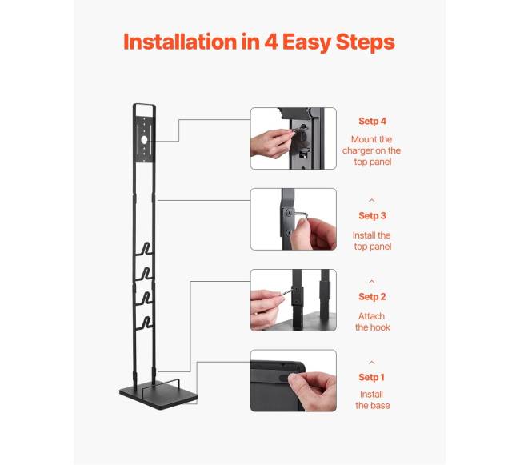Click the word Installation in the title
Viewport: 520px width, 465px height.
tap(180, 42)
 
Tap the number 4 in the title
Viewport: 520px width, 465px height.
tap(271, 42)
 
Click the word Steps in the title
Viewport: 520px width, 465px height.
tap(365, 42)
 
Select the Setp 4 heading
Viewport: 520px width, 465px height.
tap(372, 122)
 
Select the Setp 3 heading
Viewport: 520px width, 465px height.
tap(372, 216)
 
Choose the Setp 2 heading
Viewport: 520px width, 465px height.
tap(372, 297)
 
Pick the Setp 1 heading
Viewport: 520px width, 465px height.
tap(371, 378)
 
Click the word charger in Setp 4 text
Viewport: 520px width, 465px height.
tap(358, 151)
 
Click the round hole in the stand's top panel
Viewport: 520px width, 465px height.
tap(144, 140)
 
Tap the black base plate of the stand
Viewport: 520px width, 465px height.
tap(158, 395)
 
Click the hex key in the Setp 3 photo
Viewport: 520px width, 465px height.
tap(299, 214)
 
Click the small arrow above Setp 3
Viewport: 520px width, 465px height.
tap(372, 201)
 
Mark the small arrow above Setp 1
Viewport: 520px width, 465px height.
tap(372, 363)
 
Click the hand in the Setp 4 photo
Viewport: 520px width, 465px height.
tap(271, 143)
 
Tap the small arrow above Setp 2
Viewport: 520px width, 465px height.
tap(372, 282)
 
